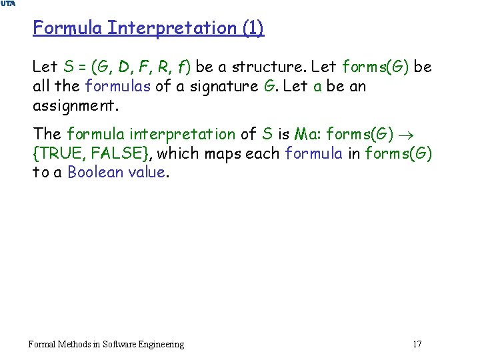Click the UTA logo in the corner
click(8, 4)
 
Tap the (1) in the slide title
click(250, 28)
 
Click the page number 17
click(417, 344)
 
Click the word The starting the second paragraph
click(47, 134)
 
